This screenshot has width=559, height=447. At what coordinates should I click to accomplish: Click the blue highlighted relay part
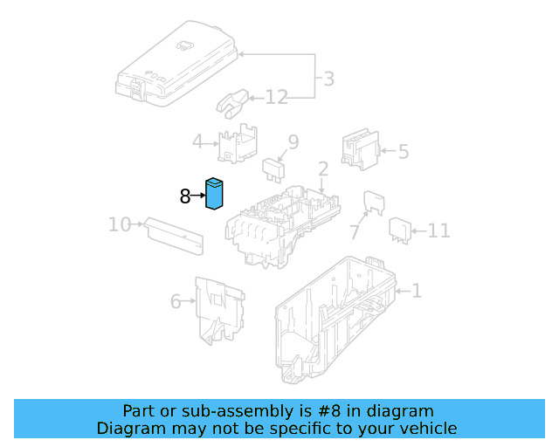[x=215, y=194]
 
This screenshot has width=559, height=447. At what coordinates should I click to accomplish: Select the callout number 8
[x=185, y=196]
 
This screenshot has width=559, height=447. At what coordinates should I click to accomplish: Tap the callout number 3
[x=328, y=79]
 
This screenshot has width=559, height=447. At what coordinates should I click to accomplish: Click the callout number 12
[x=276, y=97]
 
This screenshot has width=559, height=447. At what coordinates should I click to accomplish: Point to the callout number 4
[x=197, y=141]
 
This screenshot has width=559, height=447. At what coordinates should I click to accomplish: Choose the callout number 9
[x=293, y=141]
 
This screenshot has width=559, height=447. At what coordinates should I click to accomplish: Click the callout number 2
[x=322, y=168]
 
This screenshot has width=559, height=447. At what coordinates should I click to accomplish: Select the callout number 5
[x=403, y=152]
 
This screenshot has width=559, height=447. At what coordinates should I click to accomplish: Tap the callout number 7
[x=355, y=232]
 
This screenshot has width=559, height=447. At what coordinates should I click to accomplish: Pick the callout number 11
[x=438, y=230]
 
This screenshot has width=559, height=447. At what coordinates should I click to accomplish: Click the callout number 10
[x=120, y=225]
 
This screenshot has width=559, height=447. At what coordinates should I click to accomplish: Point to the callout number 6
[x=176, y=302]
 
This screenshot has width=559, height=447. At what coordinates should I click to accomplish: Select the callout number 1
[x=417, y=291]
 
